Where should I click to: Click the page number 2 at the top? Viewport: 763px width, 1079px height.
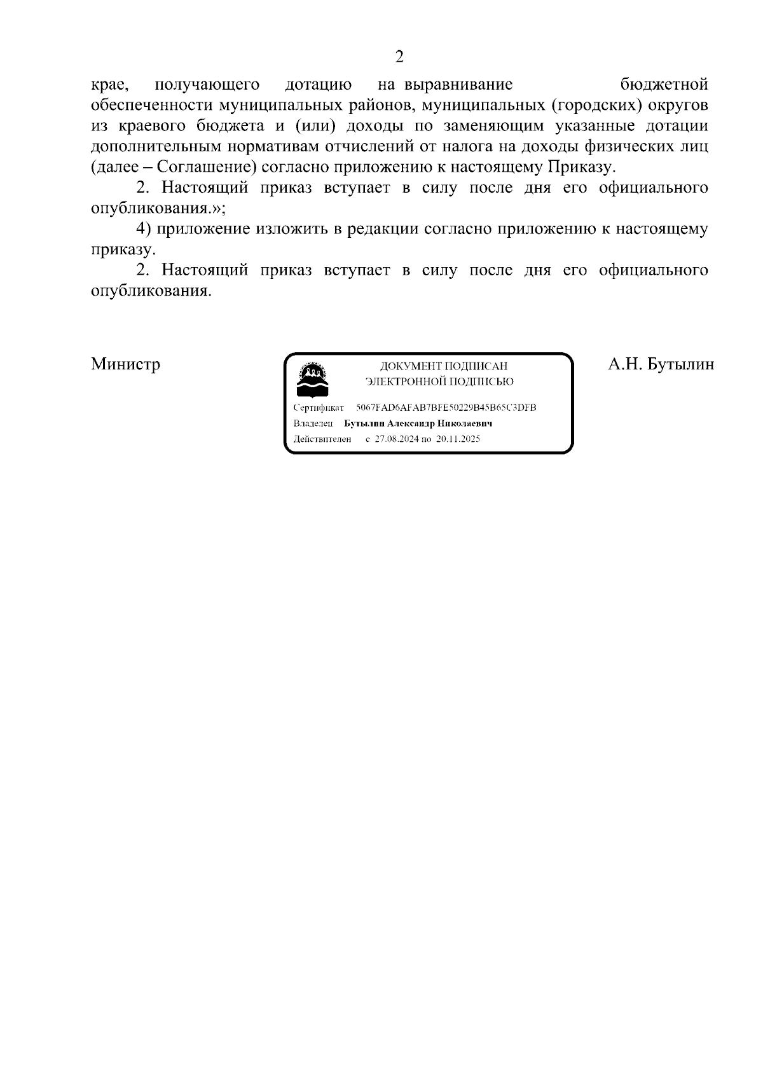[399, 57]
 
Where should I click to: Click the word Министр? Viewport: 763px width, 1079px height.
[125, 364]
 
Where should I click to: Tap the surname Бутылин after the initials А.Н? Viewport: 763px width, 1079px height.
[680, 364]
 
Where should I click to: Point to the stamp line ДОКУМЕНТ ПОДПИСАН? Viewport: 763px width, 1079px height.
[443, 366]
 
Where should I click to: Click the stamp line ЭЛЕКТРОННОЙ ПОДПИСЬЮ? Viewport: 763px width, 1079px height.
[439, 381]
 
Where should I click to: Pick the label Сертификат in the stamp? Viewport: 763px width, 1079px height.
[319, 408]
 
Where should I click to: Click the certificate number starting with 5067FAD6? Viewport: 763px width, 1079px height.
[446, 408]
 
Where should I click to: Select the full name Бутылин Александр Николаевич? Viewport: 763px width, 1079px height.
[418, 423]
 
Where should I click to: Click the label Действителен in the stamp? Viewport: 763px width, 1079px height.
[322, 439]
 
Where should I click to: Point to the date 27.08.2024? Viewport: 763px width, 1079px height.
[394, 439]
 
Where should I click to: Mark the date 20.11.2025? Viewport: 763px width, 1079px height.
[458, 439]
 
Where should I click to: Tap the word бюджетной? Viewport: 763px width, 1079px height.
[663, 84]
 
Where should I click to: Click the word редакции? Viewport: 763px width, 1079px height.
[382, 229]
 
